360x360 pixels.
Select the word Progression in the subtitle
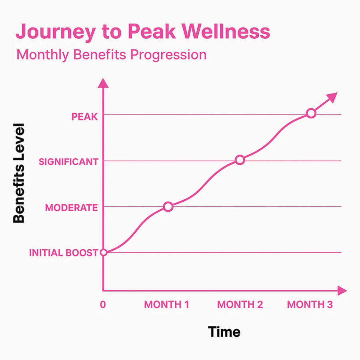pyautogui.click(x=168, y=54)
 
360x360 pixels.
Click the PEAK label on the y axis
pyautogui.click(x=84, y=116)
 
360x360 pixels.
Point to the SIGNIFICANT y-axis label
pyautogui.click(x=68, y=162)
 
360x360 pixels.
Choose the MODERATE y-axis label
pyautogui.click(x=71, y=208)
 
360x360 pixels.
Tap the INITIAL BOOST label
pyautogui.click(x=64, y=253)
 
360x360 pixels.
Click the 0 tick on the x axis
pyautogui.click(x=103, y=304)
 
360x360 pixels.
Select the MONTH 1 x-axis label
pyautogui.click(x=166, y=304)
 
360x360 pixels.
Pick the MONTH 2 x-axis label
pyautogui.click(x=240, y=304)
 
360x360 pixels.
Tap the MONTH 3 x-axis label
pyautogui.click(x=310, y=304)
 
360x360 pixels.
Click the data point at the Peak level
pyautogui.click(x=311, y=114)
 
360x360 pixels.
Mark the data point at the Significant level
pyautogui.click(x=240, y=160)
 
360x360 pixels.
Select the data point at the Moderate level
pyautogui.click(x=168, y=207)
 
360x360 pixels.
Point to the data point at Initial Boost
pyautogui.click(x=103, y=252)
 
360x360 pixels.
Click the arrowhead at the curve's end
pyautogui.click(x=332, y=97)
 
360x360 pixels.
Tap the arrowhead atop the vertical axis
pyautogui.click(x=103, y=83)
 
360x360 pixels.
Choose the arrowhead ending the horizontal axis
pyautogui.click(x=342, y=291)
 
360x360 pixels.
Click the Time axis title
pyautogui.click(x=224, y=332)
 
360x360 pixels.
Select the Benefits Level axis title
pyautogui.click(x=19, y=173)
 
